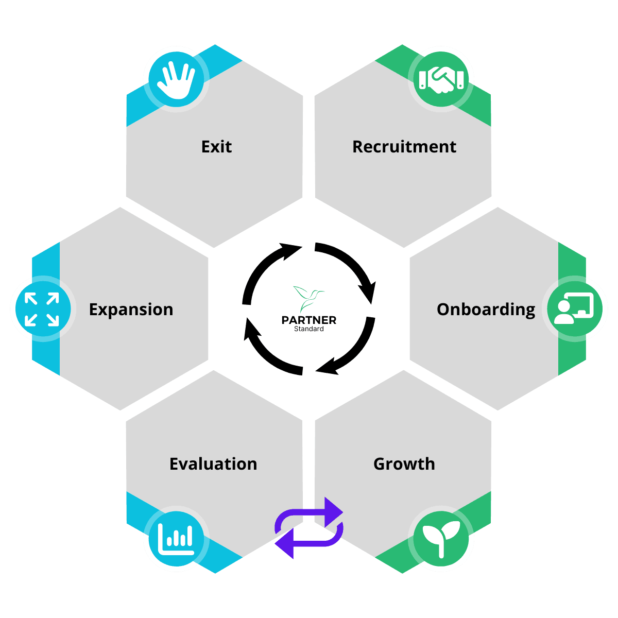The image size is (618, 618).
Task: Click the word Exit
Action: pyautogui.click(x=216, y=147)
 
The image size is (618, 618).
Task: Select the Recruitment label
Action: pyautogui.click(x=404, y=147)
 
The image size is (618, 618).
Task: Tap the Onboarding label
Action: pyautogui.click(x=486, y=310)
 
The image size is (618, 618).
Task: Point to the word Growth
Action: pyautogui.click(x=404, y=464)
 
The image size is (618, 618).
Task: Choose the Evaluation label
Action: pyautogui.click(x=213, y=464)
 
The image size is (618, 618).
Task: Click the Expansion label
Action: pyautogui.click(x=131, y=310)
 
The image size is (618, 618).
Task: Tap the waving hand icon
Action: pyautogui.click(x=176, y=79)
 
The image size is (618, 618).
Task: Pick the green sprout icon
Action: pyautogui.click(x=441, y=539)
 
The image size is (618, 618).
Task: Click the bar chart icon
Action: pyautogui.click(x=176, y=539)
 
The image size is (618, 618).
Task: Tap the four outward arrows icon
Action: pyautogui.click(x=42, y=309)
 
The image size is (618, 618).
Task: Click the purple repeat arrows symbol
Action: pyautogui.click(x=309, y=528)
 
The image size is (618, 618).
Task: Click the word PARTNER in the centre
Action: pyautogui.click(x=309, y=320)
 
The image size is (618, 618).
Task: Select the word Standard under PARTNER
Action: pyautogui.click(x=309, y=329)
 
